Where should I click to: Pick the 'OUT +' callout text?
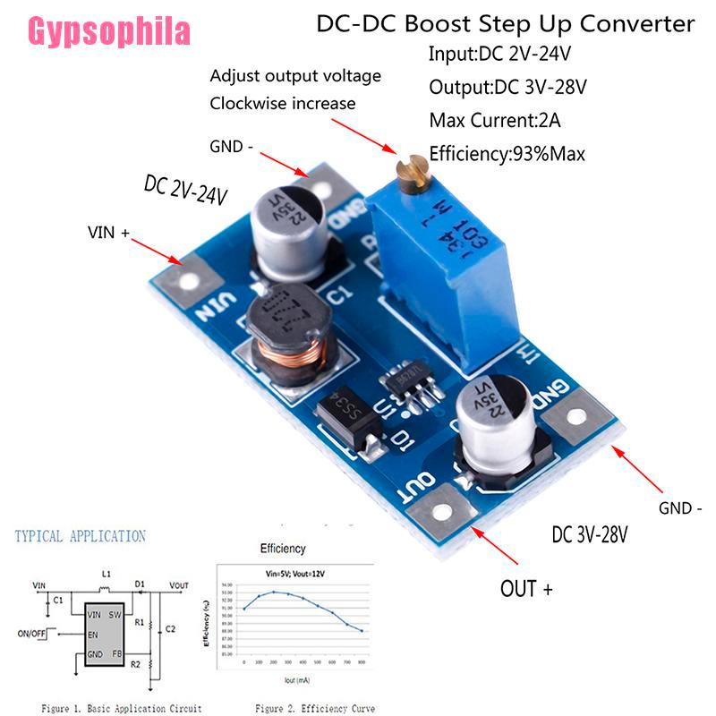(525, 588)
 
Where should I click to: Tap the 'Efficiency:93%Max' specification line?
(507, 153)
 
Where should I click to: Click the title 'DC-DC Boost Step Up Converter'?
(506, 23)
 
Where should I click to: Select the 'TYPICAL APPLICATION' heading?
(80, 536)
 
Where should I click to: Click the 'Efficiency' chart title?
(282, 548)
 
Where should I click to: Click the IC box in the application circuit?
(104, 632)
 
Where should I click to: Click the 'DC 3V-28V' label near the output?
(590, 535)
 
